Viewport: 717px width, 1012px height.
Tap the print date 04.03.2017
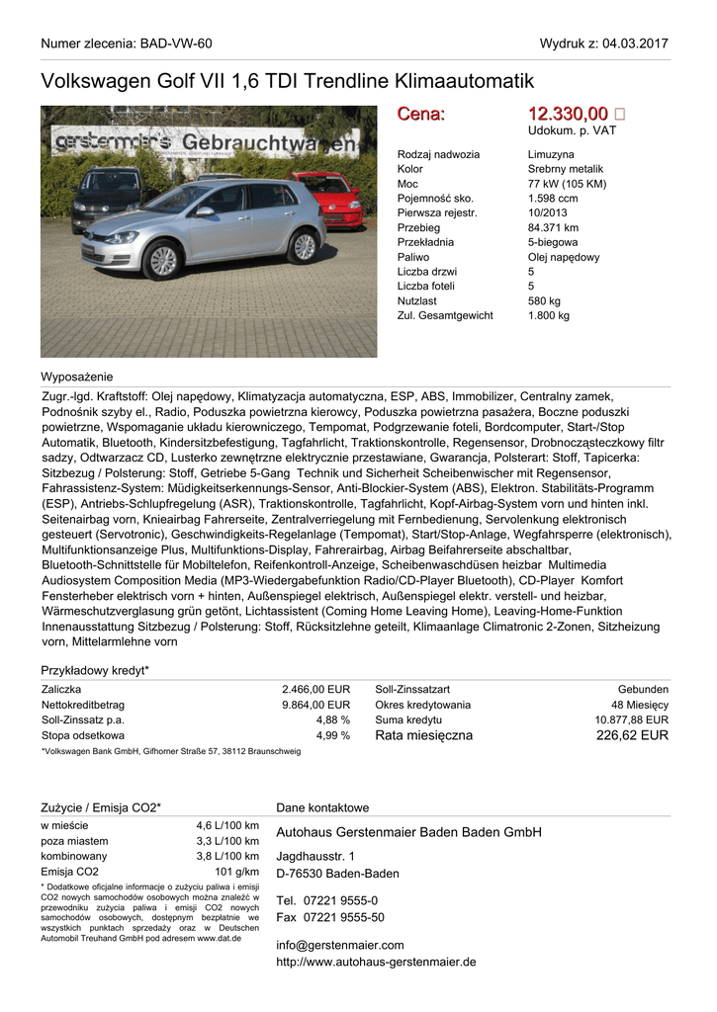click(x=634, y=43)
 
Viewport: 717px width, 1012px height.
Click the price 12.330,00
click(x=568, y=115)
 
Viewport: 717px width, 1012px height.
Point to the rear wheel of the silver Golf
click(x=305, y=246)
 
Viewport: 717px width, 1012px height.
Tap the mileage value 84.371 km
click(x=553, y=227)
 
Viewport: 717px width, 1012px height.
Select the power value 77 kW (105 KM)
click(x=567, y=184)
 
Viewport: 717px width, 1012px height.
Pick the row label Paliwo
click(x=413, y=257)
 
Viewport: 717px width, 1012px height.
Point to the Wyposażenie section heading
click(x=76, y=377)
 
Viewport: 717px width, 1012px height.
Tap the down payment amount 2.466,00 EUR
click(x=315, y=689)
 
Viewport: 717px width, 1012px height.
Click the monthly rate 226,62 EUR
click(x=632, y=735)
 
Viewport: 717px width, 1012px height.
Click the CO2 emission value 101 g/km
click(x=236, y=872)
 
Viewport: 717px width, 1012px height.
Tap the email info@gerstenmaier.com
click(x=340, y=945)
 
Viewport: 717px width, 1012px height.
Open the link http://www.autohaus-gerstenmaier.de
click(x=376, y=962)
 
